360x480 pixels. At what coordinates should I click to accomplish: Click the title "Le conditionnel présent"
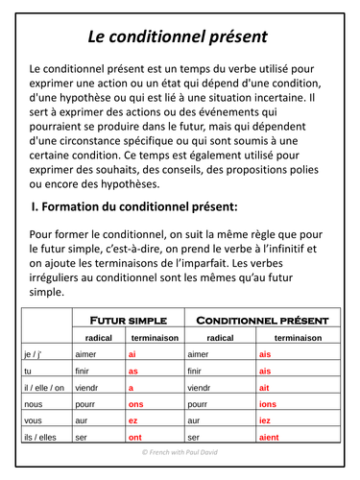coord(179,36)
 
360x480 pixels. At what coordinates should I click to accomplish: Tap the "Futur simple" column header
coord(129,320)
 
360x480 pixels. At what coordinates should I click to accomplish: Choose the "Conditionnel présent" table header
coord(262,320)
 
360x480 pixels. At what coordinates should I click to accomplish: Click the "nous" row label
coord(33,403)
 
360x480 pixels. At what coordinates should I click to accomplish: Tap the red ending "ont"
coord(134,438)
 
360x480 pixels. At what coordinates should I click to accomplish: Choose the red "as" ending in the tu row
coord(133,371)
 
